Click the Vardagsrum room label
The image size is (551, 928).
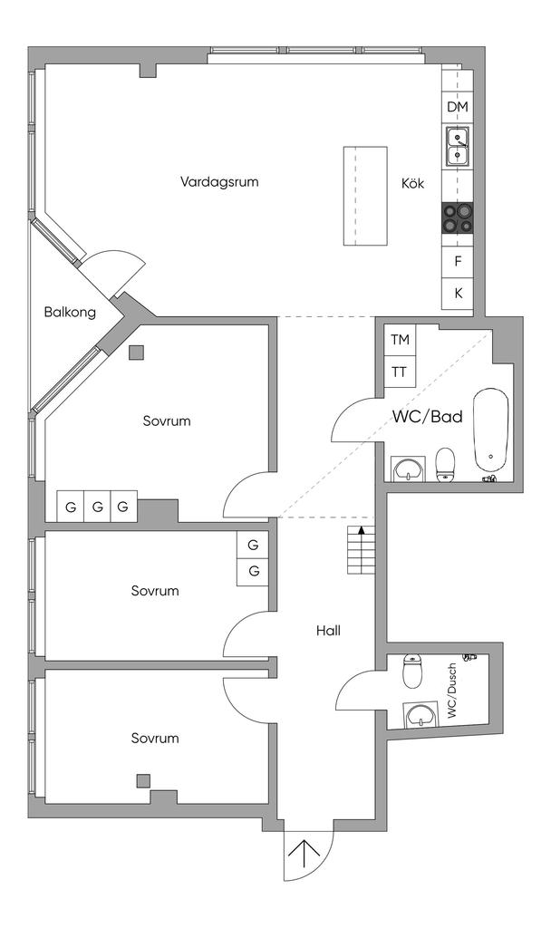click(x=219, y=181)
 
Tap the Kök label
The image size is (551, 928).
click(x=412, y=183)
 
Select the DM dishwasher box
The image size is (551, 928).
click(x=458, y=107)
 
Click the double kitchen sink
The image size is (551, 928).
click(x=458, y=146)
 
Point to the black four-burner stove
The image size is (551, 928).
click(x=458, y=217)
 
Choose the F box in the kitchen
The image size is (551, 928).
click(x=458, y=261)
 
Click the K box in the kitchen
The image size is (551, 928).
click(x=458, y=293)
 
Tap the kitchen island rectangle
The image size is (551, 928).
click(x=366, y=196)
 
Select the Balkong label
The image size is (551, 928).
click(x=70, y=312)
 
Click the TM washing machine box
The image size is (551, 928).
click(x=400, y=340)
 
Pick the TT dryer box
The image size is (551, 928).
click(x=400, y=372)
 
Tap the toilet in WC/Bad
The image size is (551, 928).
click(x=445, y=465)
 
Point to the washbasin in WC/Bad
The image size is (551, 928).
click(x=408, y=469)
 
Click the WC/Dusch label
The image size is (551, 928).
click(x=453, y=691)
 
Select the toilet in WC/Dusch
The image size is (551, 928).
click(x=411, y=671)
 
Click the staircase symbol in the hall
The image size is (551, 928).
click(x=361, y=549)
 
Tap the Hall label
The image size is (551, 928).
click(x=328, y=631)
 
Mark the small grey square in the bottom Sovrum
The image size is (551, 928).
click(x=142, y=780)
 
